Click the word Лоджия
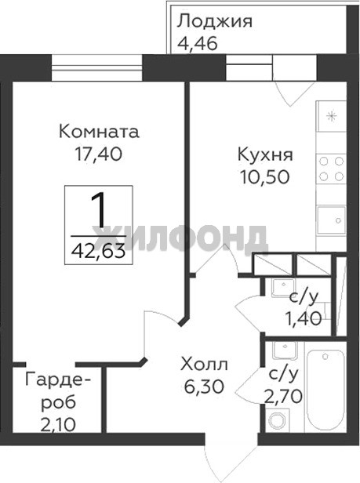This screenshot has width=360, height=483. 215,22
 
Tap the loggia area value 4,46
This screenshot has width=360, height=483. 198,43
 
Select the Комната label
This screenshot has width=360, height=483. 99,132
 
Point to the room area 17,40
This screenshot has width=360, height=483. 99,154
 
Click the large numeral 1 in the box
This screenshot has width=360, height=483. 99,209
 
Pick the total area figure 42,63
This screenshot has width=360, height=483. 99,251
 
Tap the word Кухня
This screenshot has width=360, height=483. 265,154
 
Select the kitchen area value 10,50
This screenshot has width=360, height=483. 265,177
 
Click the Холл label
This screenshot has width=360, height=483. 204,365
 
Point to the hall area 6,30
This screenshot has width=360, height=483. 204,387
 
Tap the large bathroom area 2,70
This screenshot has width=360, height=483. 284,397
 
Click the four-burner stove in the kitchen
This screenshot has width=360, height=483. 331,169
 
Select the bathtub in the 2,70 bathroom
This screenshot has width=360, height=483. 325,390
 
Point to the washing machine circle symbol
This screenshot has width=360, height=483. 278,419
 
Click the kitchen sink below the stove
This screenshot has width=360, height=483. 331,220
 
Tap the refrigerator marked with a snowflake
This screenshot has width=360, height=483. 331,116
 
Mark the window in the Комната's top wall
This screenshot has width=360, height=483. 97,67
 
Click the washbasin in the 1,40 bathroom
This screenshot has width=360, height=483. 284,288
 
